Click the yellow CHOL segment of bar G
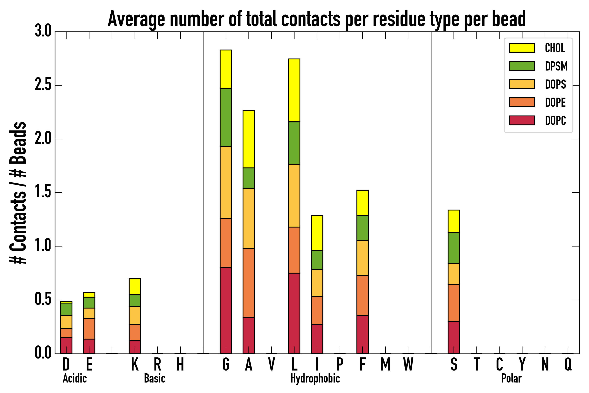click(x=226, y=69)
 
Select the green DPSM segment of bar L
click(x=294, y=143)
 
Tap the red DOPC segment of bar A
click(x=248, y=336)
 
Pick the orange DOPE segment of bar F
click(x=362, y=295)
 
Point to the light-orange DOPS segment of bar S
click(x=454, y=274)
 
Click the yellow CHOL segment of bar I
click(x=317, y=233)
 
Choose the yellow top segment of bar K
click(x=135, y=287)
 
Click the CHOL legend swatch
click(x=522, y=48)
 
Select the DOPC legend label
click(x=555, y=121)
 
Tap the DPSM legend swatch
click(x=522, y=66)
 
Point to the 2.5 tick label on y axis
click(x=43, y=85)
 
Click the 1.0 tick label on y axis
click(x=43, y=246)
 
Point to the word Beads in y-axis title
click(x=18, y=143)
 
